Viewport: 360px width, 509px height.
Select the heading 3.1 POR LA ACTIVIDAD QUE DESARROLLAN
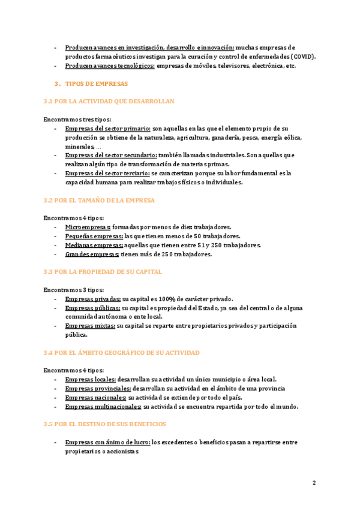109,101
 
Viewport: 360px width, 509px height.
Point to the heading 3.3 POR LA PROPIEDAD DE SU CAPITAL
103,272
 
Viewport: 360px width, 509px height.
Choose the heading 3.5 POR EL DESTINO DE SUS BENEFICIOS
105,424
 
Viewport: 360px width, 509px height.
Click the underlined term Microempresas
88,227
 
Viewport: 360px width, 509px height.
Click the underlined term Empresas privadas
93,299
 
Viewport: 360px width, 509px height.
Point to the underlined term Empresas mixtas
90,326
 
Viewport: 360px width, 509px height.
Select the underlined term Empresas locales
91,379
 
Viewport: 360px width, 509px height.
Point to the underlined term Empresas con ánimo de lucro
107,442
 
